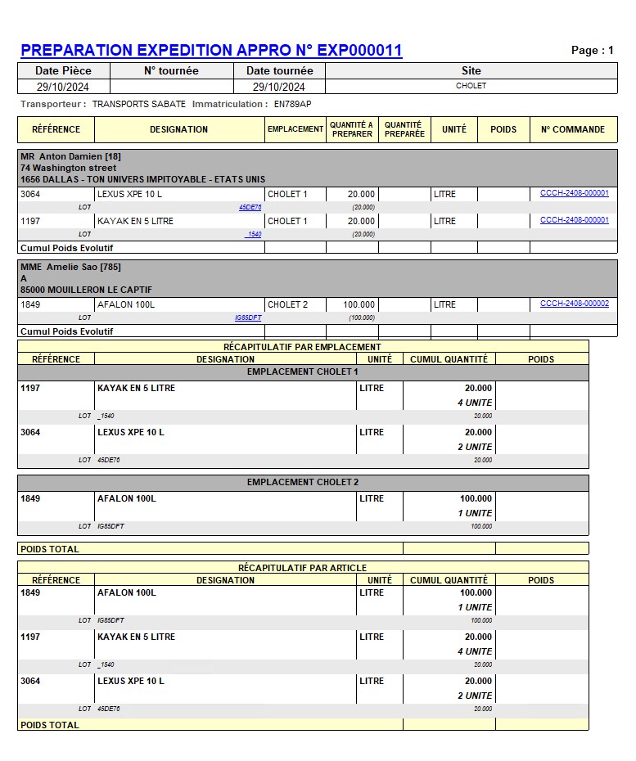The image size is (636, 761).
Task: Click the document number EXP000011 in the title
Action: pyautogui.click(x=359, y=51)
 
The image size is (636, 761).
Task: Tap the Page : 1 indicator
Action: pyautogui.click(x=592, y=51)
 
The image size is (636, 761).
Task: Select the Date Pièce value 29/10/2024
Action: pyautogui.click(x=63, y=87)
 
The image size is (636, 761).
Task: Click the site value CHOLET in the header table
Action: pyautogui.click(x=471, y=86)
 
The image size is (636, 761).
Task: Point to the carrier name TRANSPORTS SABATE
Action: pyautogui.click(x=139, y=104)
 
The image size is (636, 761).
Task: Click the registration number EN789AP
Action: pyautogui.click(x=292, y=104)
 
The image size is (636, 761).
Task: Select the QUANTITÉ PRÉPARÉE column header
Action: pyautogui.click(x=404, y=129)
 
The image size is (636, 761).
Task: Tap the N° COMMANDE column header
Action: pyautogui.click(x=573, y=129)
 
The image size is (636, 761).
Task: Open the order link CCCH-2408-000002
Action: pyautogui.click(x=574, y=304)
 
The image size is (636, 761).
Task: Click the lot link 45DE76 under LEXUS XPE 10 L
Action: pyautogui.click(x=250, y=208)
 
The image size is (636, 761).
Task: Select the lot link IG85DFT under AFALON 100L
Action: pyautogui.click(x=248, y=317)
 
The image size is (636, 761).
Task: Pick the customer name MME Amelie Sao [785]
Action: pyautogui.click(x=70, y=267)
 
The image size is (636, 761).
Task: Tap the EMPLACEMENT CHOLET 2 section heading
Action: pyautogui.click(x=303, y=483)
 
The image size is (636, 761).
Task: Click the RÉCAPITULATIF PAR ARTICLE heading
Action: pyautogui.click(x=302, y=568)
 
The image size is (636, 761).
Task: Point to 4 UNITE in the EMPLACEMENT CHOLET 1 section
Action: pyautogui.click(x=475, y=403)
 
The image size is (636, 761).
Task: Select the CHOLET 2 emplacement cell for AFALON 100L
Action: pyautogui.click(x=287, y=304)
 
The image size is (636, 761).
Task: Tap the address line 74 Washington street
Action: pyautogui.click(x=68, y=168)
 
